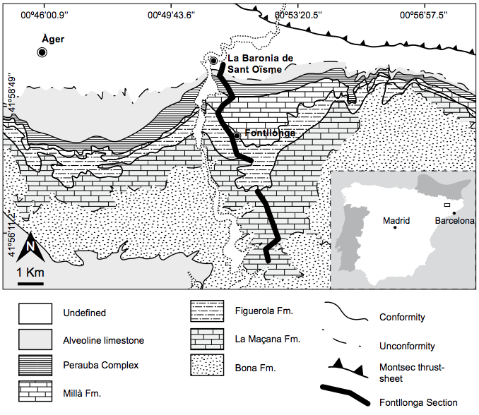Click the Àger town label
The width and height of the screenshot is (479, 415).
tap(53, 39)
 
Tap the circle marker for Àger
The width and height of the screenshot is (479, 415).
tap(42, 53)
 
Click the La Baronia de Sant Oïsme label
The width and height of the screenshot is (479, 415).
tap(258, 64)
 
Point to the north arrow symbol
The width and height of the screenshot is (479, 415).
tap(30, 248)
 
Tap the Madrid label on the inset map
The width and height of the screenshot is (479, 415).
tap(396, 220)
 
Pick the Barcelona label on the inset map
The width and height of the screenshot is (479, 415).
tap(454, 220)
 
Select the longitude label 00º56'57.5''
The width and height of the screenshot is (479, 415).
tap(430, 13)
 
